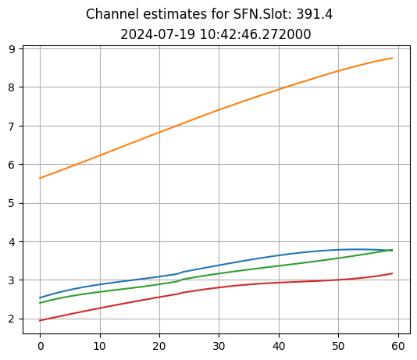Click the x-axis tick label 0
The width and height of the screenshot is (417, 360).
[x=40, y=344]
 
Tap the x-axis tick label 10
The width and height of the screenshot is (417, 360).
[x=100, y=344]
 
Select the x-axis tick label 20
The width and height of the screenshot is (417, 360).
[x=159, y=344]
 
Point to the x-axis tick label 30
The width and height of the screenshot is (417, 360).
[x=219, y=344]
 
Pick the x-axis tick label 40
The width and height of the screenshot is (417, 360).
[x=279, y=344]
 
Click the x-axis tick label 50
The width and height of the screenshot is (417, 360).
[x=338, y=344]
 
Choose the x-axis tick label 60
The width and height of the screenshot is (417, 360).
[x=398, y=344]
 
